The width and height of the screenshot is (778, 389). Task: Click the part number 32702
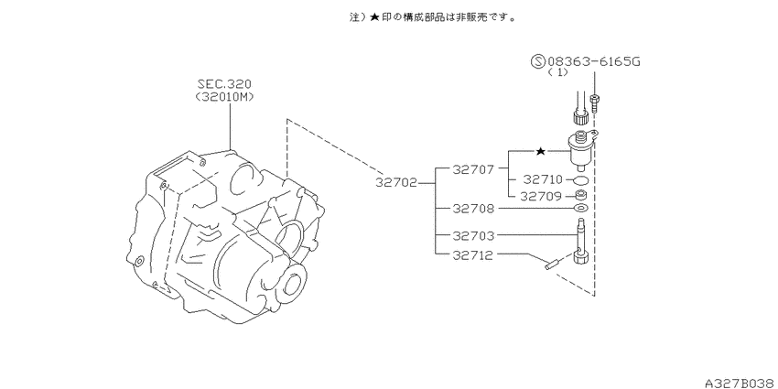[396, 182]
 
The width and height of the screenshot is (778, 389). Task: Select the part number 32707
[473, 169]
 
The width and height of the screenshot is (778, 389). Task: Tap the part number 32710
[542, 179]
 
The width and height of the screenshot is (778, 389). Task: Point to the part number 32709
[540, 197]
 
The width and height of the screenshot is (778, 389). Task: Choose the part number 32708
[473, 209]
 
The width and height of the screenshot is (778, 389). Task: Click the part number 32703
[473, 235]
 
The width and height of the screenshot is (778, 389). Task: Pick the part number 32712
[473, 255]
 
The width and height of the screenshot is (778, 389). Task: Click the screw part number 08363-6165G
[594, 61]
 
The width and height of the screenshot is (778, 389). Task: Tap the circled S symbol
[538, 61]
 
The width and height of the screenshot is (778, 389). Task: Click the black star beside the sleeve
[541, 151]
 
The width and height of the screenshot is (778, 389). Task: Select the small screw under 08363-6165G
[594, 103]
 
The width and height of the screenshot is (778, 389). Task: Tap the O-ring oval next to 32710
[581, 179]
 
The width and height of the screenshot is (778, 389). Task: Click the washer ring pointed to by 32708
[581, 208]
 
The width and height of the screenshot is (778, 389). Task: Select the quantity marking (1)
[557, 72]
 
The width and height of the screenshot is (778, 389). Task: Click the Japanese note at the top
[433, 17]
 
